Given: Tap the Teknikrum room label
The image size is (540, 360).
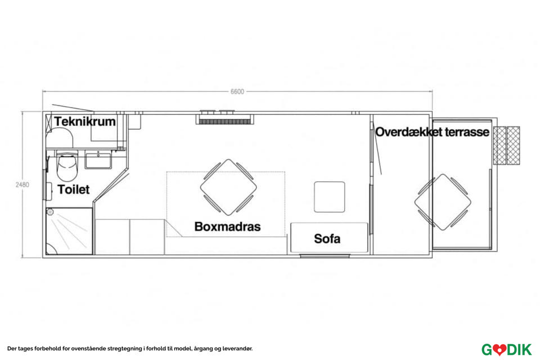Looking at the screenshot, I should tap(85, 121).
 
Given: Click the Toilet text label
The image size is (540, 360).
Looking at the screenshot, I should tap(73, 190).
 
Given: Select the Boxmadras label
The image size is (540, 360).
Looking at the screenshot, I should tap(227, 227).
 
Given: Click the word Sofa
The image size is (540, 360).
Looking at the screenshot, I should tap(327, 238).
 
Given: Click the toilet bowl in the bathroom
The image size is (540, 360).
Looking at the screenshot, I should tap(68, 163).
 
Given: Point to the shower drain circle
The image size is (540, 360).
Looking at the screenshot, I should tap(50, 213).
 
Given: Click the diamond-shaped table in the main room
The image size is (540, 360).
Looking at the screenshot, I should tap(228, 187).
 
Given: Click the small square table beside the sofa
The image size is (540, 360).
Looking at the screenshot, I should tap(329, 196).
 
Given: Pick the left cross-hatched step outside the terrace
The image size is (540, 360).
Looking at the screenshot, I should tap(499, 145).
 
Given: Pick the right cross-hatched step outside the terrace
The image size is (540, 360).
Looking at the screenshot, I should tap(513, 145).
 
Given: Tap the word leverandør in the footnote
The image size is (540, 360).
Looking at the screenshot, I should tap(237, 349).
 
